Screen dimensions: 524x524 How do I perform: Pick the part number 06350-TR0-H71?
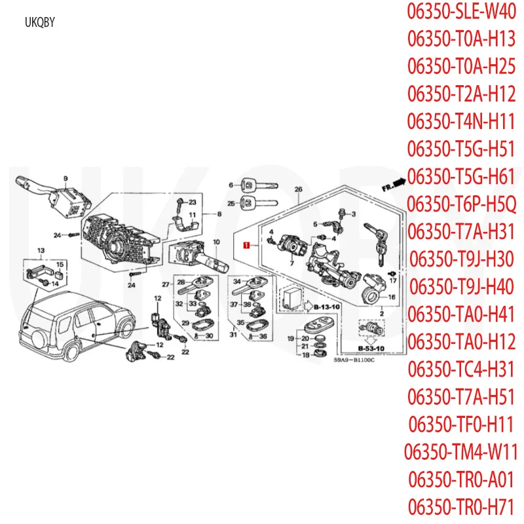point(462,506)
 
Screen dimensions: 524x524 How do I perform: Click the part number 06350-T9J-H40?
point(462,286)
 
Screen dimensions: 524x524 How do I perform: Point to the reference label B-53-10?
point(370,348)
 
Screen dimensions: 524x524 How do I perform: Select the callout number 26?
point(298,189)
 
